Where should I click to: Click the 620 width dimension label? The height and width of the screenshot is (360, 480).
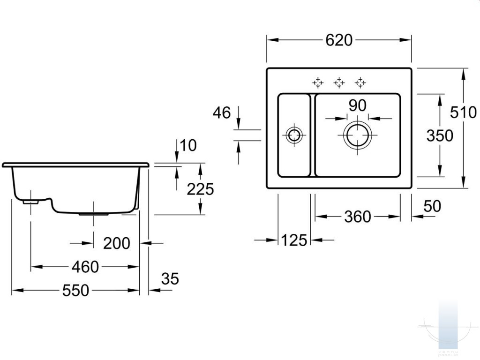pyautogui.click(x=339, y=40)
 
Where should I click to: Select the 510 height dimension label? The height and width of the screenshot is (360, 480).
pyautogui.click(x=463, y=112)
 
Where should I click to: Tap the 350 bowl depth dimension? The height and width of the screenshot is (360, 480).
pyautogui.click(x=440, y=135)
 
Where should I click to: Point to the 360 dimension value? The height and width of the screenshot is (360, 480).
pyautogui.click(x=358, y=217)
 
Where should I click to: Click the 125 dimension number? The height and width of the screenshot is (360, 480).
pyautogui.click(x=294, y=240)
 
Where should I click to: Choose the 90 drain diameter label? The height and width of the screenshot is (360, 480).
pyautogui.click(x=358, y=105)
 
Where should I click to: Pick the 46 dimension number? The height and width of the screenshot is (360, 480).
pyautogui.click(x=222, y=113)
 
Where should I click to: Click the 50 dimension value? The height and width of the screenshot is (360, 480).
pyautogui.click(x=432, y=206)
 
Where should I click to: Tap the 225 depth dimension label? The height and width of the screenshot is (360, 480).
pyautogui.click(x=200, y=189)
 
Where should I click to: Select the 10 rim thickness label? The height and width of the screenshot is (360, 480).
pyautogui.click(x=188, y=146)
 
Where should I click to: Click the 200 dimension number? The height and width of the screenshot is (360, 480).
pyautogui.click(x=117, y=244)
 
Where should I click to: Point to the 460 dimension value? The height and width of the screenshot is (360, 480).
pyautogui.click(x=85, y=267)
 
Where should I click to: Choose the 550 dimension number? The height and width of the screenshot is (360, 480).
pyautogui.click(x=75, y=291)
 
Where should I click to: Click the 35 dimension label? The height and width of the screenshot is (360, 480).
pyautogui.click(x=170, y=279)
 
